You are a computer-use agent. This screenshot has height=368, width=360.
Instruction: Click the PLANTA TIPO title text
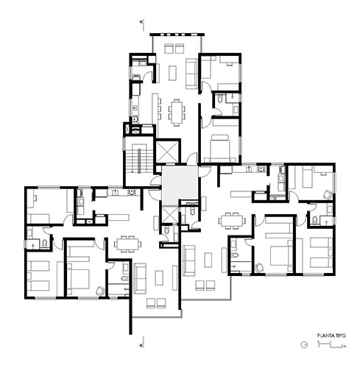pyautogui.click(x=331, y=336)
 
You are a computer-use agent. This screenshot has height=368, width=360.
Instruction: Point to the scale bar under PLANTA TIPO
pyautogui.click(x=331, y=344)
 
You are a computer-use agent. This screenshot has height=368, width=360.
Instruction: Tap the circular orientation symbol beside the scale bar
pyautogui.click(x=304, y=344)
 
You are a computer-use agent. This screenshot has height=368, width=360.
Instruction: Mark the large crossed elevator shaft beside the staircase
pyautogui.click(x=166, y=151)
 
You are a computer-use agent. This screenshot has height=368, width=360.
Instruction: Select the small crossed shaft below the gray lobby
pyautogui.click(x=169, y=213)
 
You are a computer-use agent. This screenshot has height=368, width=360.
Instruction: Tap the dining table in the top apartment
pyautogui.click(x=177, y=113)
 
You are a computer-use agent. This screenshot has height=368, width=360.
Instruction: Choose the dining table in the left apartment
pyautogui.click(x=127, y=244)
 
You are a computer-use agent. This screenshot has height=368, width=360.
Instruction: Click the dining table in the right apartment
pyautogui.click(x=232, y=221)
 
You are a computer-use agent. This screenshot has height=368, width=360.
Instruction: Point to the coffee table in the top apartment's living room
pyautogui.click(x=173, y=73)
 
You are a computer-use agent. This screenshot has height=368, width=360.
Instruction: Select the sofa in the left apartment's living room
pyautogui.click(x=140, y=278)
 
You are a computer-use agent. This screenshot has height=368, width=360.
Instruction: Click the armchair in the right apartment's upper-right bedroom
pyautogui.click(x=328, y=194)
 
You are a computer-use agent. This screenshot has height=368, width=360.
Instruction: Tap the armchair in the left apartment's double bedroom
pyautogui.click(x=101, y=291)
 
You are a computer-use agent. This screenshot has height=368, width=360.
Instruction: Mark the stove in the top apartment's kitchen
pyautogui.click(x=135, y=119)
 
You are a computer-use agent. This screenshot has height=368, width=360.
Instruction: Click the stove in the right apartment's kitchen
pyautogui.click(x=261, y=169)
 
